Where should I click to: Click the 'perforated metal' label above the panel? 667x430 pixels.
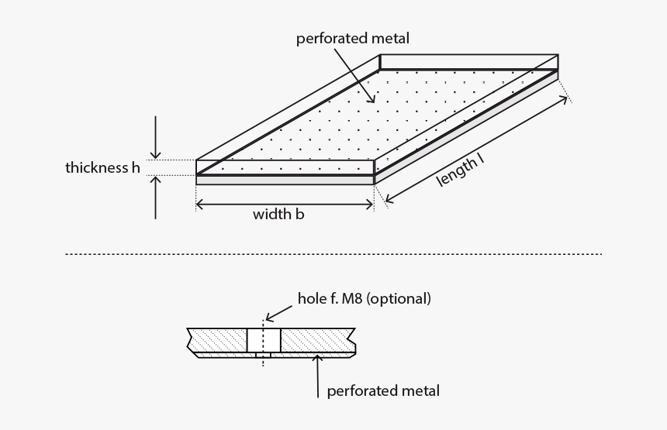[352, 38]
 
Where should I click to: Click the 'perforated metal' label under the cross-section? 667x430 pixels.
[383, 390]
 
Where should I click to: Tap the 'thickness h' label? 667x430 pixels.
[102, 167]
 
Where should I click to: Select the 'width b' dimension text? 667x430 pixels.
[278, 215]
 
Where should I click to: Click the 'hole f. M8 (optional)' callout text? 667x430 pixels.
[364, 298]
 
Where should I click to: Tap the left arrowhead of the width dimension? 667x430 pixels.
[199, 204]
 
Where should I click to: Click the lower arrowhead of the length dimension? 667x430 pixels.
[388, 199]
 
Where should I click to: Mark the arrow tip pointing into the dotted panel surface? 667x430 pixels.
[374, 101]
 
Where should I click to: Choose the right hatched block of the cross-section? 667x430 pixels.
[315, 340]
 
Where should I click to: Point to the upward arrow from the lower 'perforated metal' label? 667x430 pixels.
[318, 358]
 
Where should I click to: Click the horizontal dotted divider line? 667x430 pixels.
[333, 254]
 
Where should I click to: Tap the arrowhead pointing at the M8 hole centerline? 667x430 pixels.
[268, 318]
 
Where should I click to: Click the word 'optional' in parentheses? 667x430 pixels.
[399, 298]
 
